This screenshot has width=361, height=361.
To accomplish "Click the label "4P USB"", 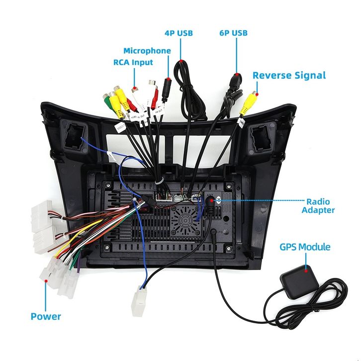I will (x=179, y=33).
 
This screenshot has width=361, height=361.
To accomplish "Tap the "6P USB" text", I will (x=233, y=33).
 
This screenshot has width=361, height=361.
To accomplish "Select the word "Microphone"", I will (x=147, y=51).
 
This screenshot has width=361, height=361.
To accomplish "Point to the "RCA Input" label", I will (x=133, y=63).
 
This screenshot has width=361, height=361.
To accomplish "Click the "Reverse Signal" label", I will (x=289, y=76).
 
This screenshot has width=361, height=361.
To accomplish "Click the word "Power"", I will (x=46, y=316).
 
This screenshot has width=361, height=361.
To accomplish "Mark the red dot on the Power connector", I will (x=47, y=281).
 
